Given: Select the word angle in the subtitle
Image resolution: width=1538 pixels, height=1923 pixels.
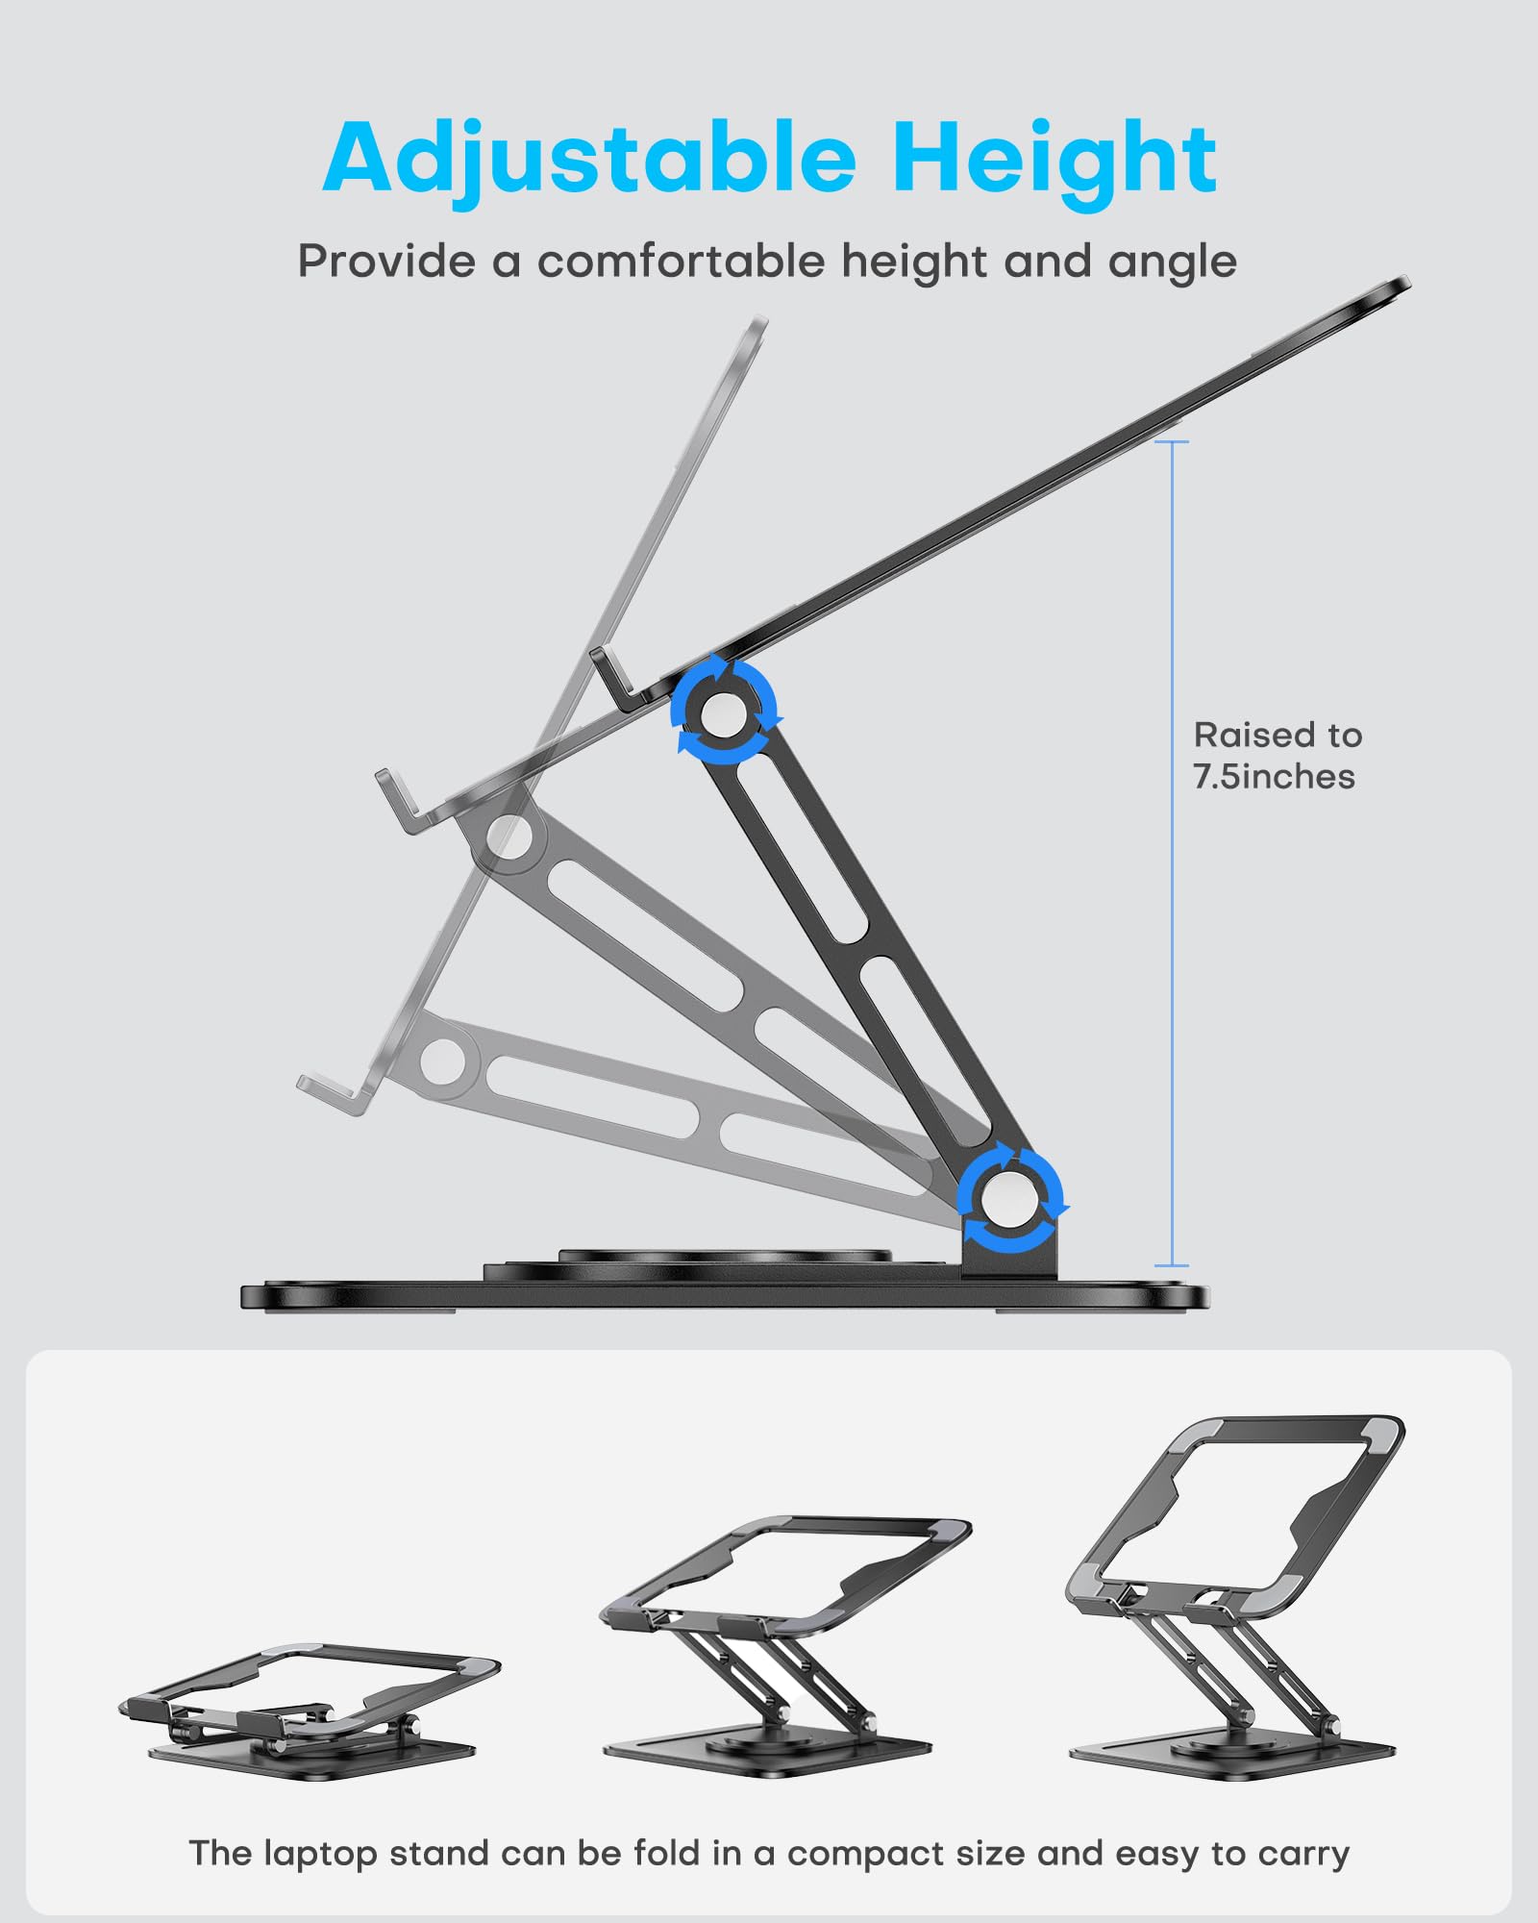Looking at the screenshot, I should point(1172,262).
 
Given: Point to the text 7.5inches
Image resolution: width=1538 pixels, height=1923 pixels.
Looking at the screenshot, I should point(1274,777).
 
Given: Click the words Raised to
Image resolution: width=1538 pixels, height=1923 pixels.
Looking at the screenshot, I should point(1278,736).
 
